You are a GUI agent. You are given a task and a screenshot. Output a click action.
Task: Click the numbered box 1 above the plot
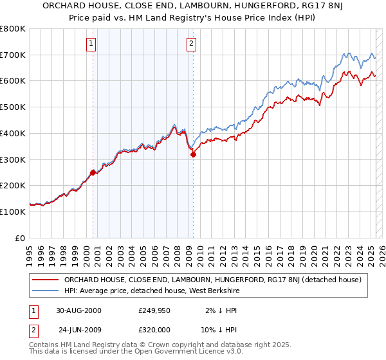click(91, 44)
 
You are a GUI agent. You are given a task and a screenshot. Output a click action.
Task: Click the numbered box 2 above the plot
click(192, 44)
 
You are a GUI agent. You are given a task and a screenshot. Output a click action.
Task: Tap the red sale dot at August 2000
click(93, 172)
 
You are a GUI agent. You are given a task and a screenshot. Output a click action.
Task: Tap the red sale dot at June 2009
click(193, 154)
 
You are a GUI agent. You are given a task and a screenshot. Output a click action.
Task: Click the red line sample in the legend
click(45, 280)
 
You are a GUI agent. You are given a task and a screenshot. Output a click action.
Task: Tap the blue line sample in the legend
click(45, 291)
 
